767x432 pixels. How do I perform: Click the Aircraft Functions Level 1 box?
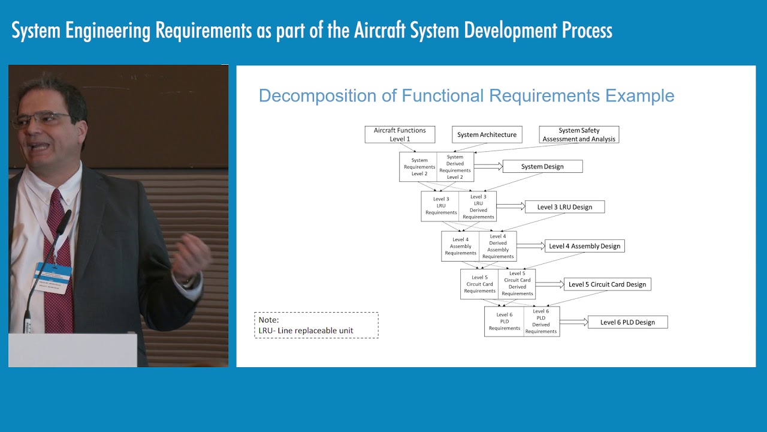400,134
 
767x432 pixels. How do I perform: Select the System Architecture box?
487,134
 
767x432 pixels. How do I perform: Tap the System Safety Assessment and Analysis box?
579,134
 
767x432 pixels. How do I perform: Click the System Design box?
542,166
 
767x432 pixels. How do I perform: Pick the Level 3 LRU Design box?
564,207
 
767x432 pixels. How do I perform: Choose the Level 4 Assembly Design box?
584,246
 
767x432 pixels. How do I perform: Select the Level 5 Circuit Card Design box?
607,284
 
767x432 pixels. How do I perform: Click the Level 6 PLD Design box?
627,322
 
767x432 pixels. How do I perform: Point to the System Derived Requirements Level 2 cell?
455,167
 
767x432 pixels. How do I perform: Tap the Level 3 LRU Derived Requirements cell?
478,206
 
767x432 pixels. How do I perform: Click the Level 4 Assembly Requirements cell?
460,246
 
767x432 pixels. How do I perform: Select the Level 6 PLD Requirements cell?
504,322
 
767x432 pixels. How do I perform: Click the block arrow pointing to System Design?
488,167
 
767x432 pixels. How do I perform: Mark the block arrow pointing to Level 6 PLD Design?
573,322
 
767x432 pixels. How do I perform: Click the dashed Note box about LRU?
316,325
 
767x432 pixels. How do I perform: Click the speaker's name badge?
53,277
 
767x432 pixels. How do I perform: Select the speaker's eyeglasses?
42,119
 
